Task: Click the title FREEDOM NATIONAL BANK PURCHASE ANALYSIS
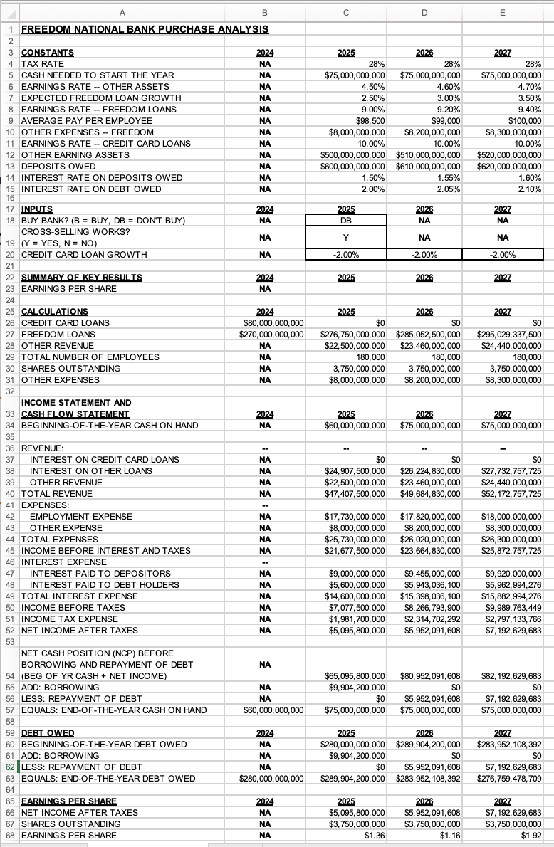145,29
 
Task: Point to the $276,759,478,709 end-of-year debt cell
503,778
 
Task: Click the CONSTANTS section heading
48,53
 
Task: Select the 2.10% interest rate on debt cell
528,189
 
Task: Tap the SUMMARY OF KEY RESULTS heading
82,278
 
